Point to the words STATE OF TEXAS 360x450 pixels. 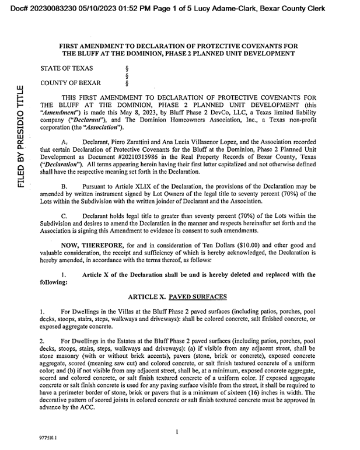pyautogui.click(x=67, y=68)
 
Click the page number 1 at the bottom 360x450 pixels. pyautogui.click(x=176, y=431)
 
